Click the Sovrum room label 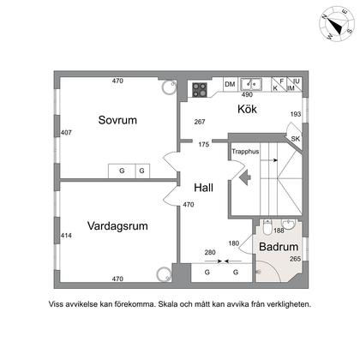117,120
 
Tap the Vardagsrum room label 117,226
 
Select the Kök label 247,109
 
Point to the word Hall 203,188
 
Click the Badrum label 279,247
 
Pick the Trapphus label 245,152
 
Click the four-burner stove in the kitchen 200,90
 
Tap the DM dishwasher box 230,84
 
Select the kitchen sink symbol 251,84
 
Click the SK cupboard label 296,139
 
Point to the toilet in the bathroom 267,226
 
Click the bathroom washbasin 289,224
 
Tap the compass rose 336,23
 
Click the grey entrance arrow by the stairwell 245,177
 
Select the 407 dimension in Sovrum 66,133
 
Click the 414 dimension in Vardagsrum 66,236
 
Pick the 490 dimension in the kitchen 247,94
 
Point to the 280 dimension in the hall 210,252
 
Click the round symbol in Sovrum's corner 169,87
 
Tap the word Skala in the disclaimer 168,304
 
